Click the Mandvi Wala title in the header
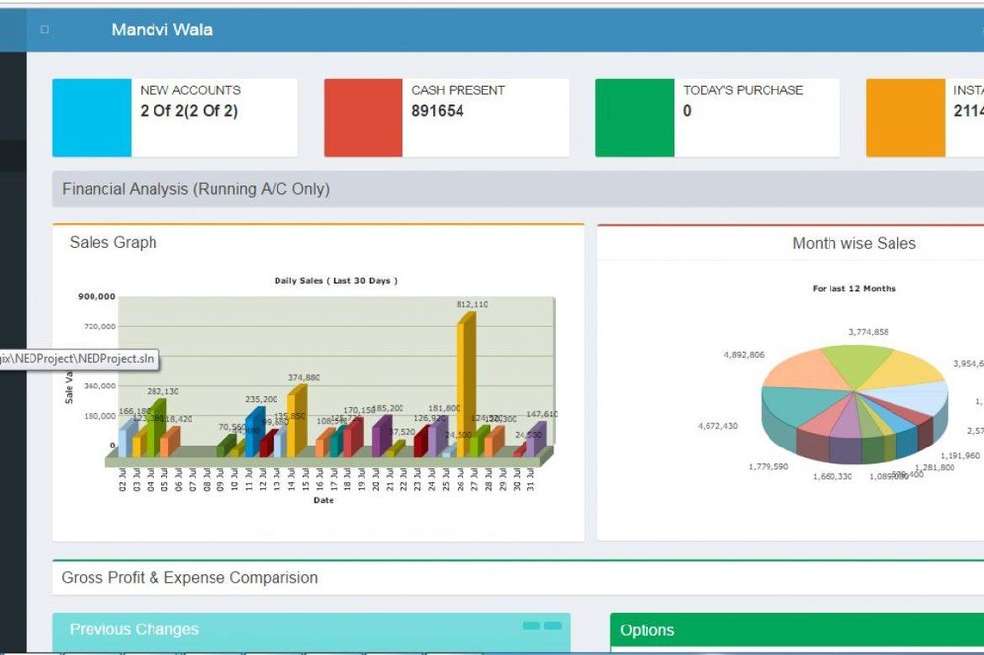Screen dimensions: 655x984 [x=161, y=30]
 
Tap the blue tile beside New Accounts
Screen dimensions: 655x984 [x=92, y=118]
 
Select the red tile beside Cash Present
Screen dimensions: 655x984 [x=363, y=118]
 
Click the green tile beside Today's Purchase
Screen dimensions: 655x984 [x=635, y=118]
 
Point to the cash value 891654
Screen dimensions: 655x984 [x=437, y=111]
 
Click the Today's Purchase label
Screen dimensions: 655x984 [x=743, y=90]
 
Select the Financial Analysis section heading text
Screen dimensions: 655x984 [x=196, y=189]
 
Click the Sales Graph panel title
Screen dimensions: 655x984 [x=113, y=242]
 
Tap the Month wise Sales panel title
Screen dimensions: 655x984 [x=853, y=243]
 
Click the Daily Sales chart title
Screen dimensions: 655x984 [x=335, y=281]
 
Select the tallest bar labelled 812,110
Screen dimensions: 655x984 [x=465, y=384]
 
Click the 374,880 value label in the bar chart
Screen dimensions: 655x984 [x=303, y=378]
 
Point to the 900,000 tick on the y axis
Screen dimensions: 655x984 [x=95, y=296]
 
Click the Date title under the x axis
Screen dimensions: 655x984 [x=323, y=500]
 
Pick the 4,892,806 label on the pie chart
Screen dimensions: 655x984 [x=743, y=354]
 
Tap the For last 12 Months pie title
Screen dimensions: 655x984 [x=853, y=289]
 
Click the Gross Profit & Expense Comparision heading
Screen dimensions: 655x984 [x=189, y=578]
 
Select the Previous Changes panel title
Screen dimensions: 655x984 [x=134, y=629]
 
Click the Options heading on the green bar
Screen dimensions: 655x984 [x=647, y=630]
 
